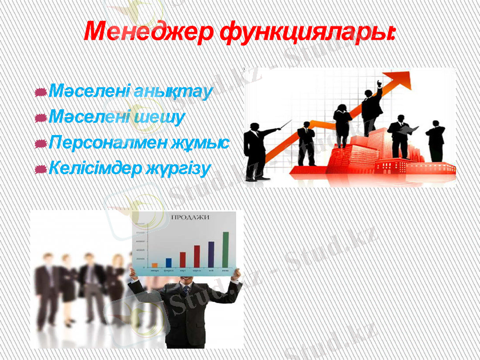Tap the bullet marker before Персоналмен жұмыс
tap(41, 144)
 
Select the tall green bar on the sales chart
tap(225, 249)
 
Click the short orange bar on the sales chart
tap(155, 265)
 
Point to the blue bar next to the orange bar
tap(169, 262)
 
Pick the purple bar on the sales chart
tap(211, 254)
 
